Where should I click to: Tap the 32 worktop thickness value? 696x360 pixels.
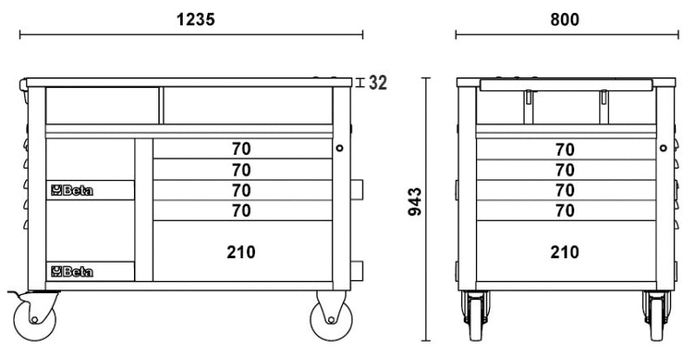click(378, 83)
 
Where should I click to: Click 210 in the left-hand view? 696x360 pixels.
click(241, 252)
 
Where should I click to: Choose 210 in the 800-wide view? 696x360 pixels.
click(565, 252)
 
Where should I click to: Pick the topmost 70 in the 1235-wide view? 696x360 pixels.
click(241, 149)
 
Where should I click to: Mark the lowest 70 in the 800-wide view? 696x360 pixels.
click(565, 210)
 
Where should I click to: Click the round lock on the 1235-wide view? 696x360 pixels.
click(339, 149)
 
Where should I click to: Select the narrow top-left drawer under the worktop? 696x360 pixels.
click(102, 105)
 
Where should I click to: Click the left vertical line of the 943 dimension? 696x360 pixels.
click(426, 210)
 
